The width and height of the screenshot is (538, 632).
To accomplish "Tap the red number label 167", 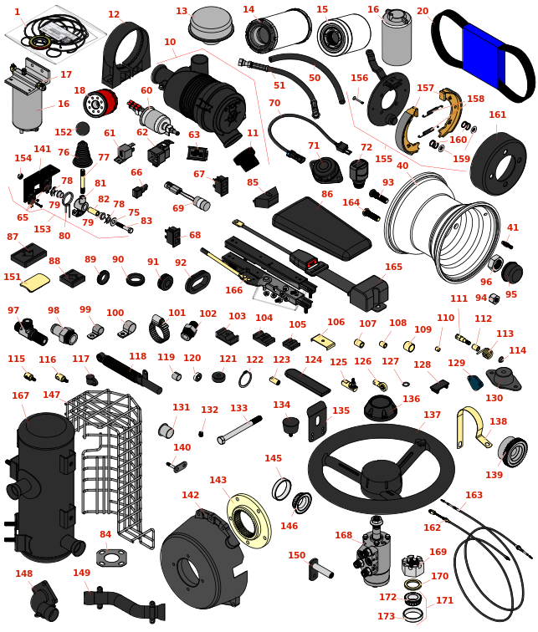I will point(21,396).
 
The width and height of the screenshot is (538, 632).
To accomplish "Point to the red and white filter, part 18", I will point(100,104).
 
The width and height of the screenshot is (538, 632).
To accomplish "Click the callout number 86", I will point(326,194).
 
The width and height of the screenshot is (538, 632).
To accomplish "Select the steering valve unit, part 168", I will point(375,553).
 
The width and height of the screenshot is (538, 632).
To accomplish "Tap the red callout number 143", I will point(218,481).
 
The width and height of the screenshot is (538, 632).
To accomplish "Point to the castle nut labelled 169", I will point(413,566).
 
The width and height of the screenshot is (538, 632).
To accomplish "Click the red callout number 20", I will point(423,12).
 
